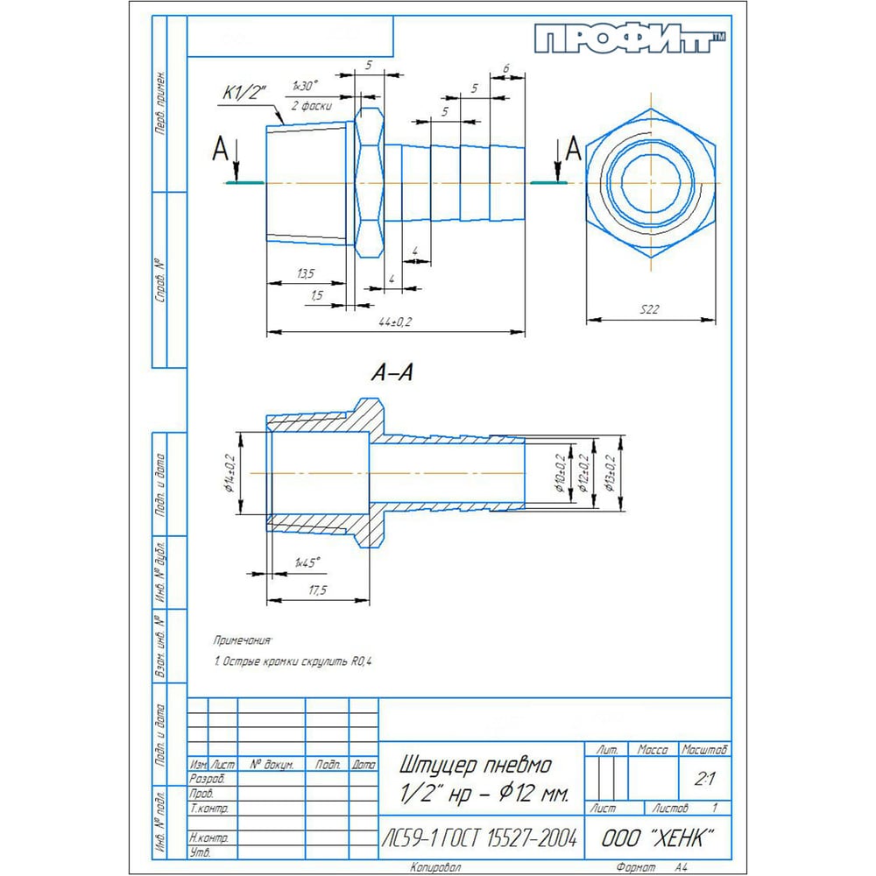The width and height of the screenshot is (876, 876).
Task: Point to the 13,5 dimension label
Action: click(307, 274)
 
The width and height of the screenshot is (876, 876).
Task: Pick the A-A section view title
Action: click(392, 373)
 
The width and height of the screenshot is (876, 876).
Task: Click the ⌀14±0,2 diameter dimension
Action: click(230, 473)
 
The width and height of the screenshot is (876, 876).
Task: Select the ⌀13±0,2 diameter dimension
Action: click(611, 473)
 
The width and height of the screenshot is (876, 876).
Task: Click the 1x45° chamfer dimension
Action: click(307, 562)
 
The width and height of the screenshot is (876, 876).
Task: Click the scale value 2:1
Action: click(703, 778)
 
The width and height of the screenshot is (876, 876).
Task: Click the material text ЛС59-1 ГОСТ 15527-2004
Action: click(480, 838)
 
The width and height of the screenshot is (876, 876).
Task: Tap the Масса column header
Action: click(653, 751)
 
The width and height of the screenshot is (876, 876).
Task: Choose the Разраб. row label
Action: click(208, 778)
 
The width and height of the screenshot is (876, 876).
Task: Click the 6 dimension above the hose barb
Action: click(507, 68)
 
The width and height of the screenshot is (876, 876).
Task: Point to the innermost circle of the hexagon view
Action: click(650, 182)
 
